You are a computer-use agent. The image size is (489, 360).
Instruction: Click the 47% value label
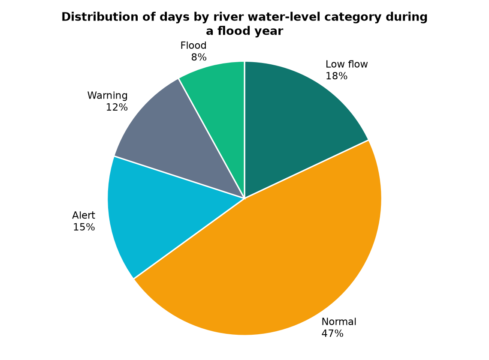(x=332, y=334)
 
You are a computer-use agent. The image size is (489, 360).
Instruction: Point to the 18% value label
(x=336, y=76)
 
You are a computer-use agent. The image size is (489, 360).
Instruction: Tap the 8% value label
(x=199, y=57)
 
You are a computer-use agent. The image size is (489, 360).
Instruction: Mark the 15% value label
(x=84, y=227)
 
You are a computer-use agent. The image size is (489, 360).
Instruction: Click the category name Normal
(x=339, y=322)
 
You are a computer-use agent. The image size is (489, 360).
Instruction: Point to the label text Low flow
(x=347, y=64)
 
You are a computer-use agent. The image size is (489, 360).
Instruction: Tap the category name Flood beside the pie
(x=193, y=45)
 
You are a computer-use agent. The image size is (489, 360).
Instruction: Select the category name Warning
(x=107, y=96)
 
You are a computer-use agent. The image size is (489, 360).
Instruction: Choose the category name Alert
(x=84, y=216)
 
